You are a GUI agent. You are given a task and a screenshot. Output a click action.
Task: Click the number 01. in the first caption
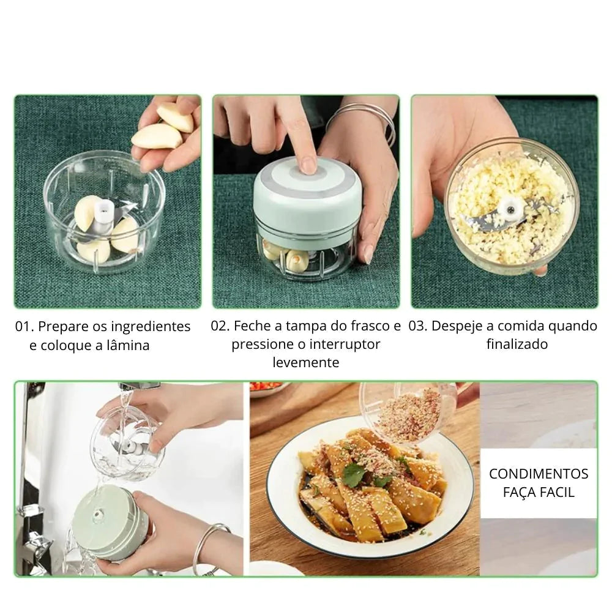(24, 327)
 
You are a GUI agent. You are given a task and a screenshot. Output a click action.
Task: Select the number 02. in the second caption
(220, 326)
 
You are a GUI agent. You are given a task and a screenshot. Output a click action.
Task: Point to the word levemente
(306, 362)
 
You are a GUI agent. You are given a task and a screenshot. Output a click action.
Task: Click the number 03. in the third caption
(419, 326)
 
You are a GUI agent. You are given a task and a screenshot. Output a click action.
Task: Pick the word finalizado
(517, 344)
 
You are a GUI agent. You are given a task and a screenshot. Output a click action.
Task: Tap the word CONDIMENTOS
(539, 474)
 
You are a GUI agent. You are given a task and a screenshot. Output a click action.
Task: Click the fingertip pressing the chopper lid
(309, 164)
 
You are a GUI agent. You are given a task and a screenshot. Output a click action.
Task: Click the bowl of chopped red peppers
(269, 389)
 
